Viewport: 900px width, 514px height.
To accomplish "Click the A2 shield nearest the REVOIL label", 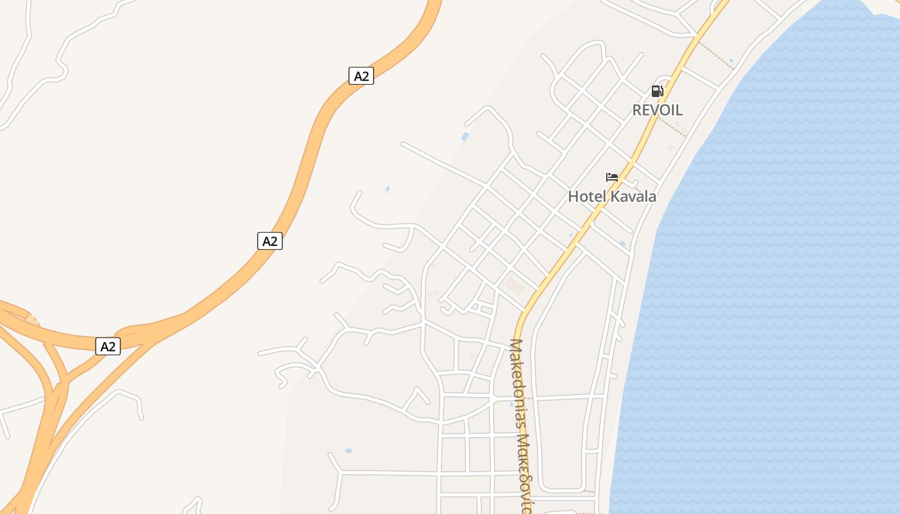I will (361, 76).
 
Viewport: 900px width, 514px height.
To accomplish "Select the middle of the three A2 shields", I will (270, 241).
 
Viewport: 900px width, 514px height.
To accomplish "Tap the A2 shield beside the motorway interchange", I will (108, 346).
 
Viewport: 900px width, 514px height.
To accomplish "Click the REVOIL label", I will (657, 110).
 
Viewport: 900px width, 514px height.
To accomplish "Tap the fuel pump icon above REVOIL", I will (657, 91).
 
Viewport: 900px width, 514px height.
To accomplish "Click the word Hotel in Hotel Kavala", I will (587, 197).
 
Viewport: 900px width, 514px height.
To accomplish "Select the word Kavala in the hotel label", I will (633, 197).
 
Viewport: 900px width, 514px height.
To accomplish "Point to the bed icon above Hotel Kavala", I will (611, 177).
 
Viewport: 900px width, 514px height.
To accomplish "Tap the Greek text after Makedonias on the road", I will (525, 475).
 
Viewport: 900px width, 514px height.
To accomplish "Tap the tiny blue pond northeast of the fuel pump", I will (731, 60).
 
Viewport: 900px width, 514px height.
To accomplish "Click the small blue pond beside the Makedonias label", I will (512, 404).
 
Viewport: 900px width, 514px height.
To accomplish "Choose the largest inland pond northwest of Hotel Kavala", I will (465, 136).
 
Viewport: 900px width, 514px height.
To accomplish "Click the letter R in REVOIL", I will (637, 110).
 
